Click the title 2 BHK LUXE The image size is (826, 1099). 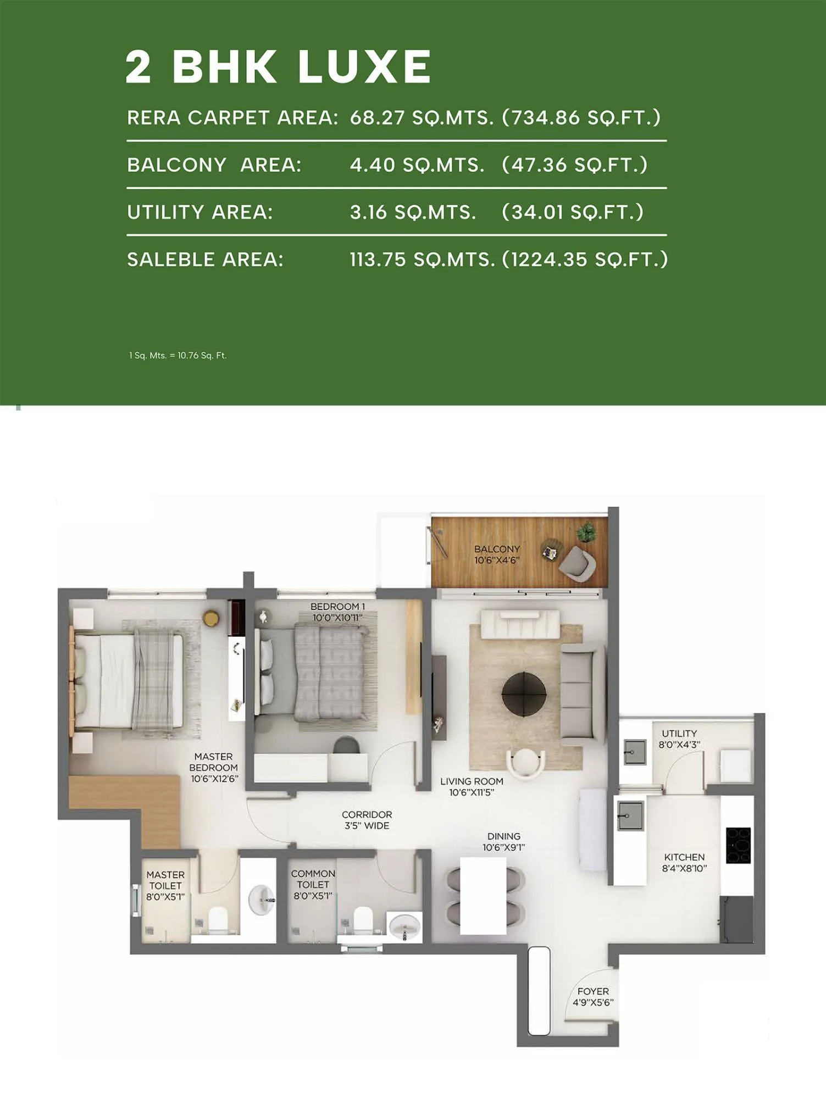(x=278, y=66)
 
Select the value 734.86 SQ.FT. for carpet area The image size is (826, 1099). (x=581, y=118)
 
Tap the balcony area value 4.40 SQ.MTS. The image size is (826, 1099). (x=417, y=165)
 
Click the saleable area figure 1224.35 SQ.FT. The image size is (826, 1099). (x=585, y=259)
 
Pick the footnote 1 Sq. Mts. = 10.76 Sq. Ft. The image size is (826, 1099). (x=178, y=356)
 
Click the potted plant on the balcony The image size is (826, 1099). (x=586, y=532)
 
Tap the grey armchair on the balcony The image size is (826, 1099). (x=577, y=563)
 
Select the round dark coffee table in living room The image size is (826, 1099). (x=524, y=693)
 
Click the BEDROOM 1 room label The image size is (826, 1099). (x=337, y=612)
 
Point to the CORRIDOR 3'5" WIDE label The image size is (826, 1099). (x=367, y=820)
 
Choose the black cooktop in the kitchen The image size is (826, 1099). (x=738, y=845)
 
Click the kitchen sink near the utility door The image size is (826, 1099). (x=630, y=815)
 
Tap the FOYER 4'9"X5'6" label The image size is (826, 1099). (x=592, y=996)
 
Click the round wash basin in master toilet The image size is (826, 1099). (x=262, y=900)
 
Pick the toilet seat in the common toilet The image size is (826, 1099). (x=362, y=919)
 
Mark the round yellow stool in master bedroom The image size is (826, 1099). (x=211, y=618)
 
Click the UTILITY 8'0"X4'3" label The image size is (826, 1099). (x=679, y=739)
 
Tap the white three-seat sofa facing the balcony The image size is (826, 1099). (x=520, y=624)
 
